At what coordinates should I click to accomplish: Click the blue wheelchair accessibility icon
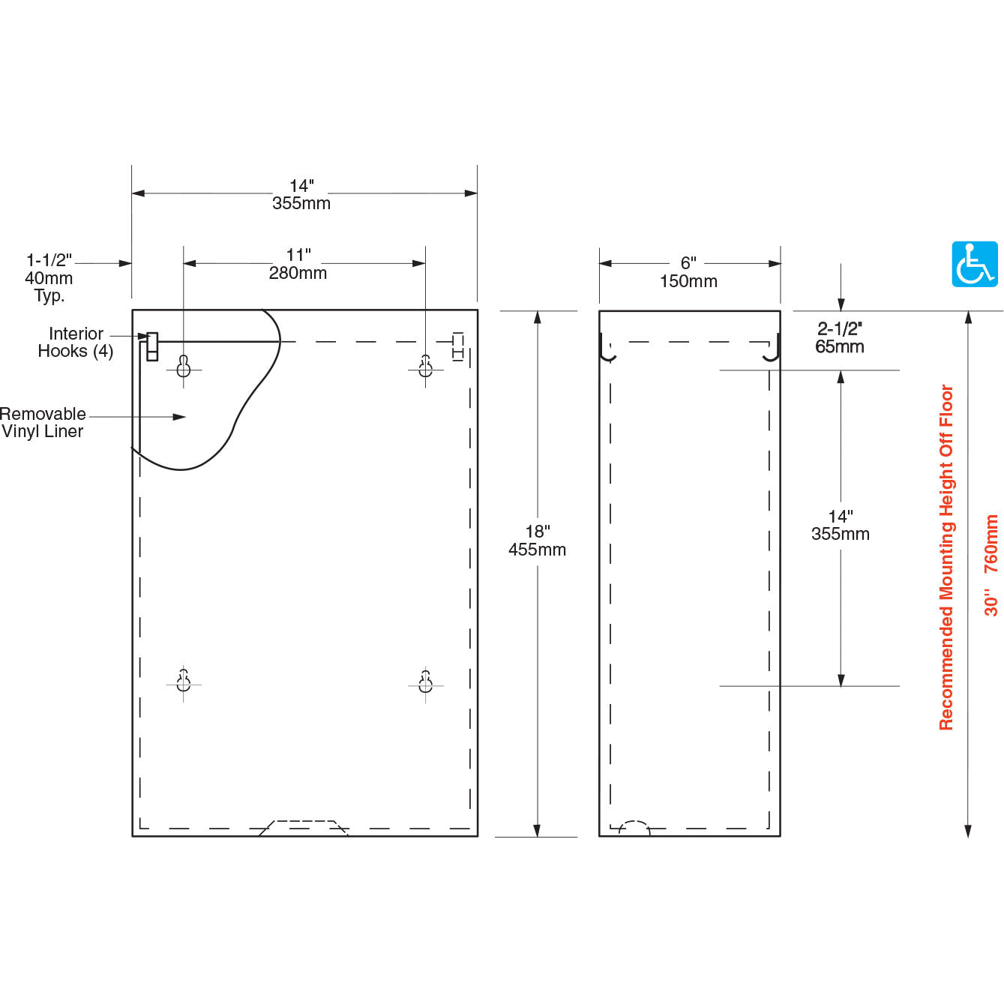tap(975, 264)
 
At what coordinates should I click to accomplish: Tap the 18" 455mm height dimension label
tap(537, 541)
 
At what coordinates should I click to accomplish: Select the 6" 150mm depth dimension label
tap(688, 272)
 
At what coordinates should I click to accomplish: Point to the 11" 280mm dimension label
tap(298, 265)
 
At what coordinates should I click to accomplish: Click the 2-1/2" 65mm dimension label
tap(840, 337)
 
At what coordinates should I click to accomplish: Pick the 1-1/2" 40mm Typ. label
tap(49, 277)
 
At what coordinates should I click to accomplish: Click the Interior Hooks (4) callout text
tap(76, 343)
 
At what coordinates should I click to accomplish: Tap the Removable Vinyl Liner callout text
tap(43, 422)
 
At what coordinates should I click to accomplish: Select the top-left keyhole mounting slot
tap(184, 366)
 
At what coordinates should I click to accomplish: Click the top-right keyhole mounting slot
tap(425, 366)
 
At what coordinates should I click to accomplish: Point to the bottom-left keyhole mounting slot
tap(184, 681)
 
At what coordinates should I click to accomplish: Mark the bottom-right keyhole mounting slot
tap(425, 681)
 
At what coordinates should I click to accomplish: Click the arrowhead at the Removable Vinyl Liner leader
tap(180, 417)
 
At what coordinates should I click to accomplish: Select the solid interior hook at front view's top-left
tap(152, 346)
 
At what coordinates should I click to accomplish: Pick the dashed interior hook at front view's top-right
tap(458, 346)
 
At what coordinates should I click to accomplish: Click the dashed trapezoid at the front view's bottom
tap(304, 827)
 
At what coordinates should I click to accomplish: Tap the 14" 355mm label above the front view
tap(301, 194)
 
